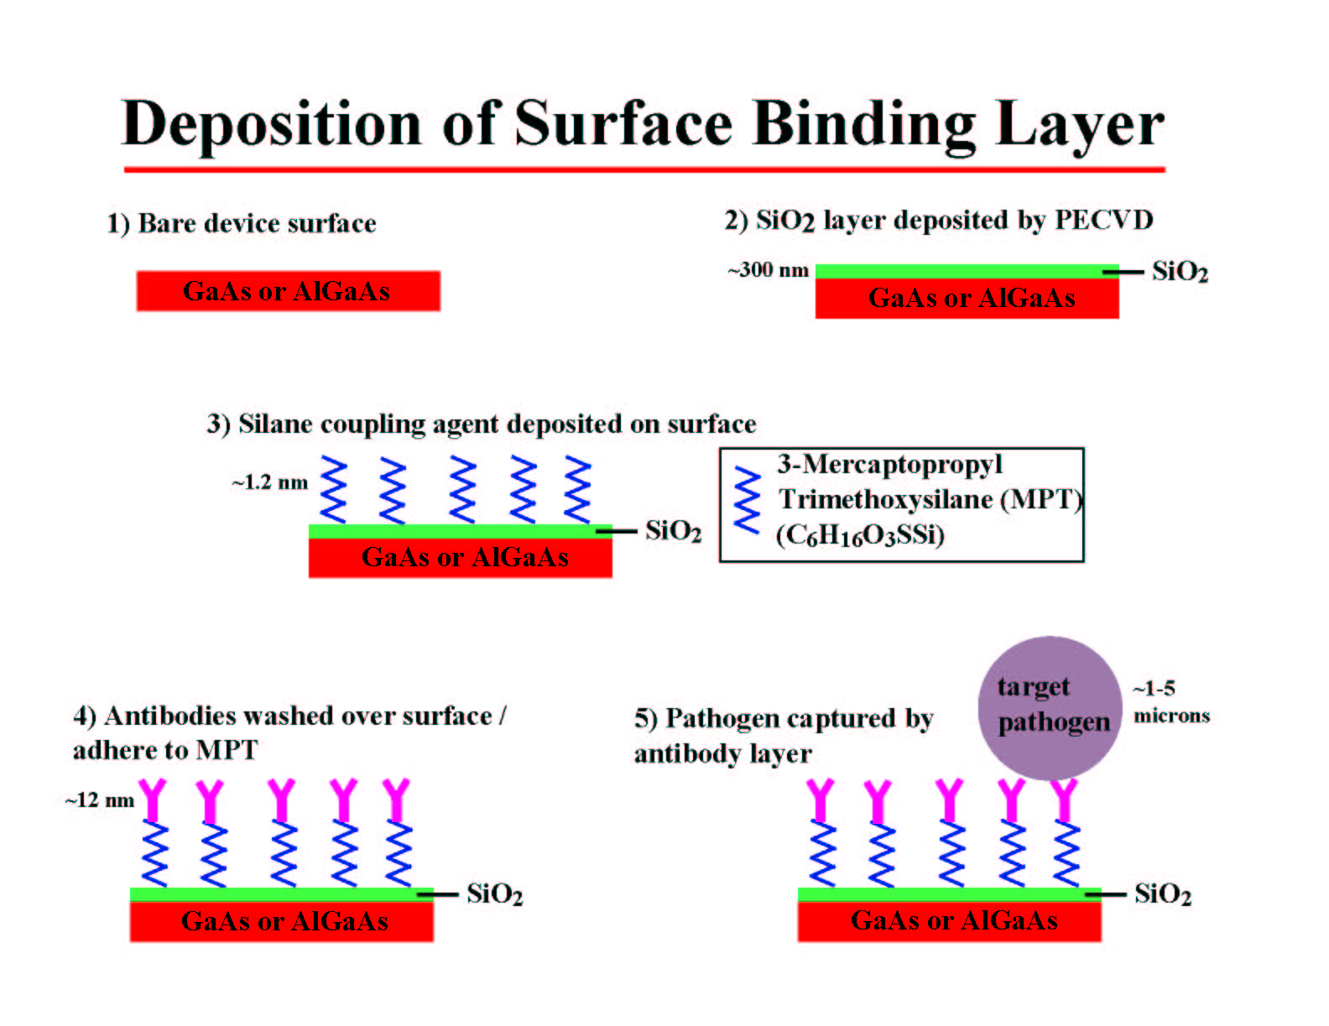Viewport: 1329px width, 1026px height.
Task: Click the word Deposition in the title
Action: pos(272,124)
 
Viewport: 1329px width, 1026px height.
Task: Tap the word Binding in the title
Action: pos(864,124)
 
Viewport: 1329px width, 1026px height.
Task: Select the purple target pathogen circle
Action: pos(1050,708)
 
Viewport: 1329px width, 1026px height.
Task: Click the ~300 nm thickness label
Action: pos(769,269)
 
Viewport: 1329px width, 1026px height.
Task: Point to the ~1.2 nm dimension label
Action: pos(269,482)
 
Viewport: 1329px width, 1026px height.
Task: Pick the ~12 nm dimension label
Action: pos(100,799)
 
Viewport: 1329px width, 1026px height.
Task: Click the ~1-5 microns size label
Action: pos(1171,702)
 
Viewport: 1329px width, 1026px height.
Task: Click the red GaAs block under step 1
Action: pos(288,291)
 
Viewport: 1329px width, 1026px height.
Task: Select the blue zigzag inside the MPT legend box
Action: pos(747,500)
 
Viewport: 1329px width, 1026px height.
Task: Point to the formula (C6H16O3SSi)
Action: pos(860,535)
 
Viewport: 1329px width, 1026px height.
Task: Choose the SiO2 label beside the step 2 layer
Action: pos(1180,272)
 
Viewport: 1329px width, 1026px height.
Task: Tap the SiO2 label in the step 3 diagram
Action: pos(674,531)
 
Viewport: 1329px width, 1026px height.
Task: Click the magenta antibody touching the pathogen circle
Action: pos(1065,800)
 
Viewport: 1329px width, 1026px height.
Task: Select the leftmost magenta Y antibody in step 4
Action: pos(153,800)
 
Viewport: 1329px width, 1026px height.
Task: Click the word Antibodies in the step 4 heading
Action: pos(177,716)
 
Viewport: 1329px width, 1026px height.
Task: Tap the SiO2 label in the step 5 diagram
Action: pos(1163,894)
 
